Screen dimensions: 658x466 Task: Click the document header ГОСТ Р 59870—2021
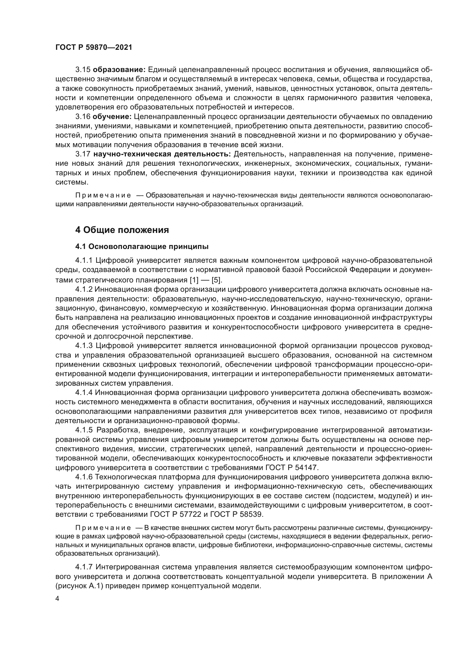pyautogui.click(x=94, y=48)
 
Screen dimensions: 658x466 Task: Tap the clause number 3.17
pyautogui.click(x=83, y=154)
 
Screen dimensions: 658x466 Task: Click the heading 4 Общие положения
pyautogui.click(x=122, y=230)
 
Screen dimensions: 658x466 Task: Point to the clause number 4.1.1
pyautogui.click(x=84, y=260)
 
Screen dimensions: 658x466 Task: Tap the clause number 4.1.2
pyautogui.click(x=84, y=289)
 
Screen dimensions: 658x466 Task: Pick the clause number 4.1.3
pyautogui.click(x=84, y=346)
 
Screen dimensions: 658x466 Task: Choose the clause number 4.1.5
pyautogui.click(x=84, y=430)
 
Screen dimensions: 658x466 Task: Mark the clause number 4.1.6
pyautogui.click(x=84, y=477)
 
